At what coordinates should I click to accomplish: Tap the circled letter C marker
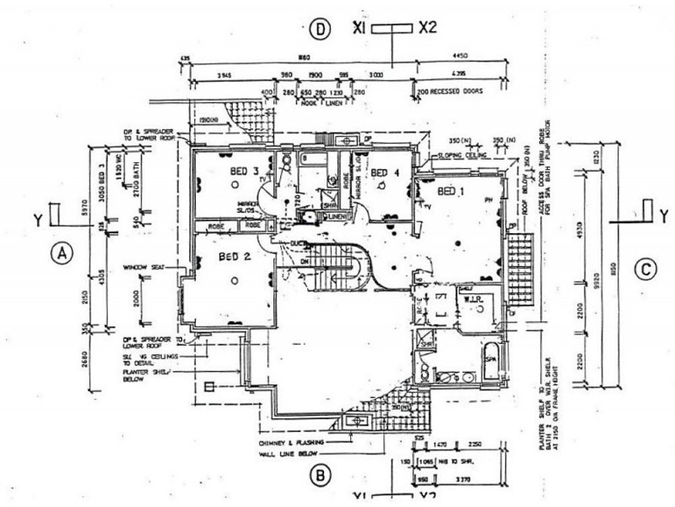pos(645,270)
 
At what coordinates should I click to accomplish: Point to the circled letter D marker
pos(319,29)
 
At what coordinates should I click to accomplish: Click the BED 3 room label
pos(244,172)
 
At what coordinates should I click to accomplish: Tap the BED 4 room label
pos(386,174)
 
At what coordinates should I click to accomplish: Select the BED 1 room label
pos(452,190)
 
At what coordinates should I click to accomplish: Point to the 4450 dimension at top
pos(460,57)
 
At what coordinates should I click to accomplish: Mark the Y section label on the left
pos(38,221)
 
